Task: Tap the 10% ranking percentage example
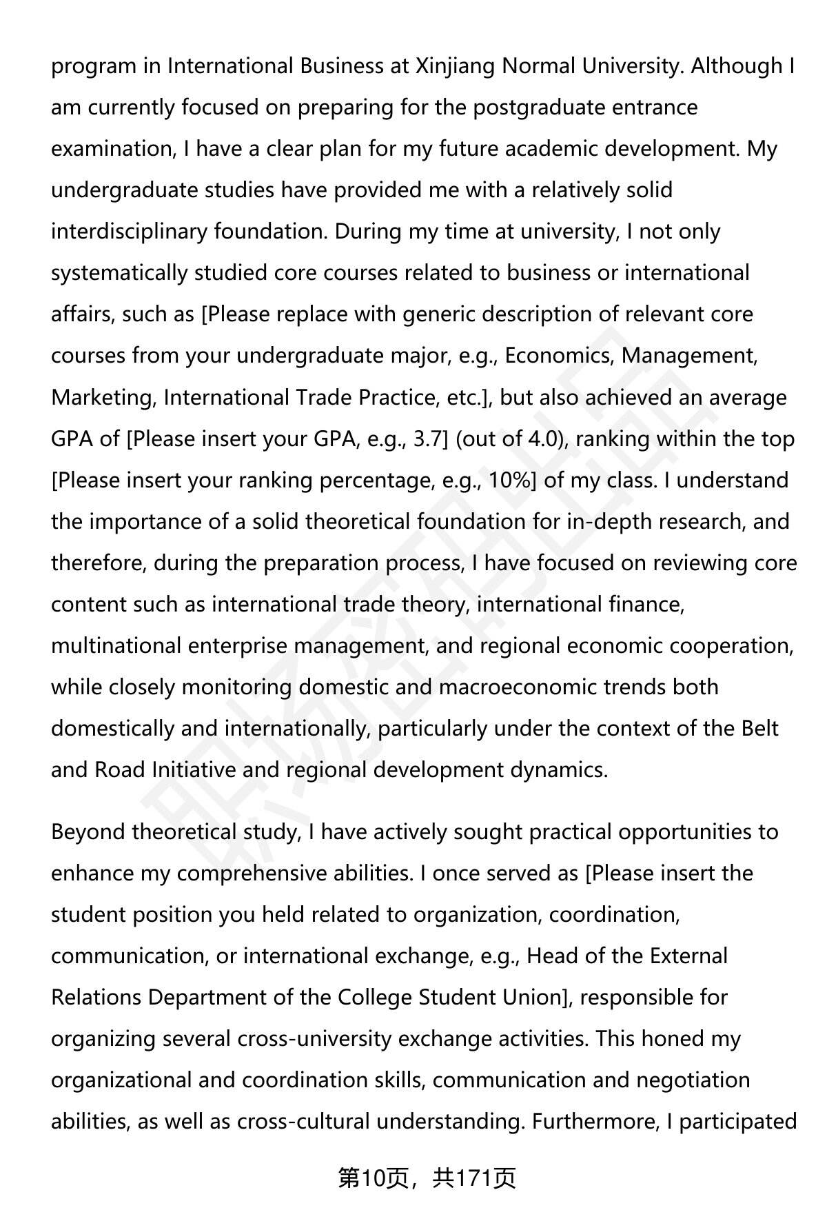509,481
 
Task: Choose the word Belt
760,729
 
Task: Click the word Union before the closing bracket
533,998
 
